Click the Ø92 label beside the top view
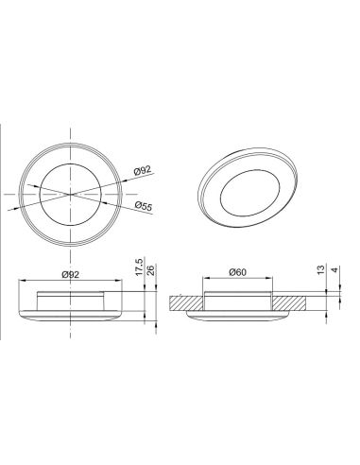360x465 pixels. (143, 170)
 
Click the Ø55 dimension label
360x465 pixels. (144, 206)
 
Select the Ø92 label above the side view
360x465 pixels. (71, 275)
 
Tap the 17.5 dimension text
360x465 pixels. (140, 267)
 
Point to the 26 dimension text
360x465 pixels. (151, 270)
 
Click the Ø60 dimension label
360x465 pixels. (238, 272)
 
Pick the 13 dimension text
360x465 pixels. (320, 269)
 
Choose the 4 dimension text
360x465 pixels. (334, 270)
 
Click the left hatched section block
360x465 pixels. (186, 303)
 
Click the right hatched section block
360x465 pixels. (289, 303)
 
